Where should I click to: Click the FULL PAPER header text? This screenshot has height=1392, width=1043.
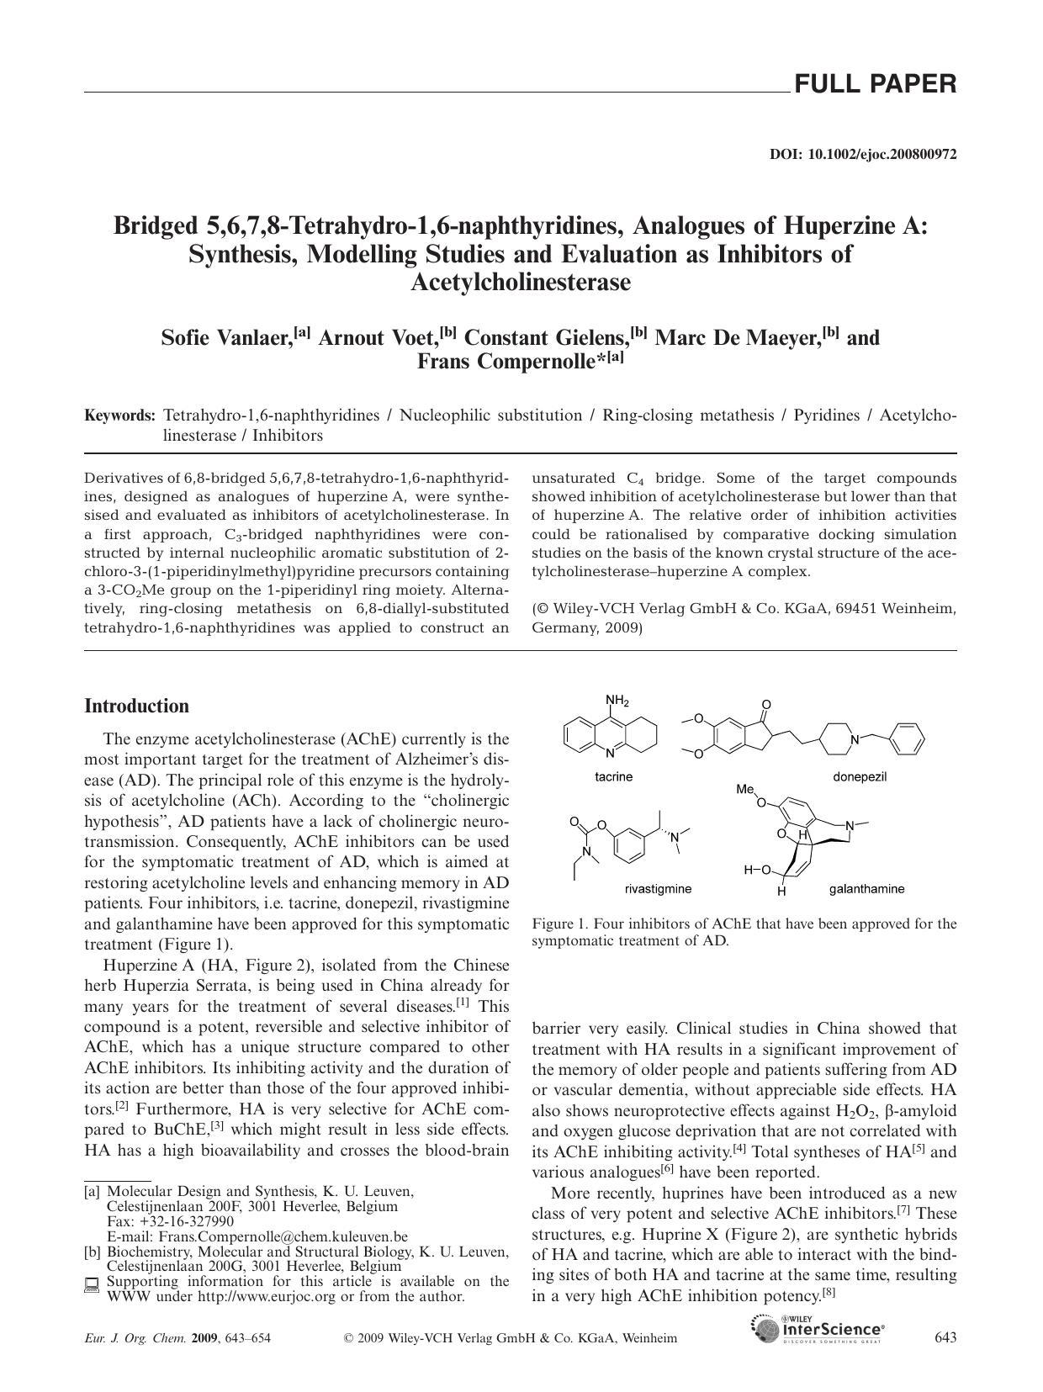coord(875,84)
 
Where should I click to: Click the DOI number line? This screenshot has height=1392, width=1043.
coord(863,155)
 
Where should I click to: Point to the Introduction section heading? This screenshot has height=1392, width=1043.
coord(136,707)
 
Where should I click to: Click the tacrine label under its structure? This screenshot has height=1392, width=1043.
coord(613,776)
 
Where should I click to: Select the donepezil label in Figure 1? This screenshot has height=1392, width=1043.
coord(860,776)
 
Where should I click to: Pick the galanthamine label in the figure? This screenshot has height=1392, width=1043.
coord(866,888)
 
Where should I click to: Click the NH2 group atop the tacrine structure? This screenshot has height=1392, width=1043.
coord(617,701)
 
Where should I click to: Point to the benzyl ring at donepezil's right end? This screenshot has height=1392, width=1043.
coord(907,739)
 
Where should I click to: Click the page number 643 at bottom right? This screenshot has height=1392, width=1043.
coord(945,1338)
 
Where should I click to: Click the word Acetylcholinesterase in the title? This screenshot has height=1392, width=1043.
coord(521,283)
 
